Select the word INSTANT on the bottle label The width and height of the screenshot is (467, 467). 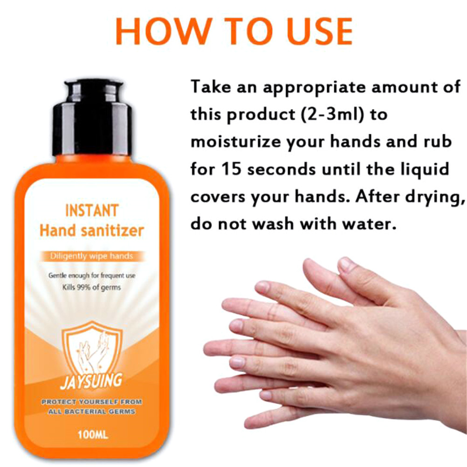pos(92,211)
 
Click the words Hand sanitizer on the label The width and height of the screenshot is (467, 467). pos(92,231)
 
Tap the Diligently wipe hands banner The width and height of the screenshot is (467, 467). pos(92,256)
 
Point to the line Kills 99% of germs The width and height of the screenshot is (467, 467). pos(92,288)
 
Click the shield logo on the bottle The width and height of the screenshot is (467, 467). pos(92,350)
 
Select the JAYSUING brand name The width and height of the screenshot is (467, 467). pos(91,381)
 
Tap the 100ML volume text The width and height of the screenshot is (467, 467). pos(93,435)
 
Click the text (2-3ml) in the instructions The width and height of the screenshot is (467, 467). pos(332,115)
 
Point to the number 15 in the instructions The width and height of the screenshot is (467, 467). pos(231,169)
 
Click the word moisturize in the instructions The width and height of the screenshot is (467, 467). pos(235,142)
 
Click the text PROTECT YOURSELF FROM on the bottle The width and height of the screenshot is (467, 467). pos(92,402)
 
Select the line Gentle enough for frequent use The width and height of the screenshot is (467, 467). pos(92,276)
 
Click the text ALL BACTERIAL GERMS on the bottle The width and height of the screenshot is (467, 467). pos(92,412)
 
